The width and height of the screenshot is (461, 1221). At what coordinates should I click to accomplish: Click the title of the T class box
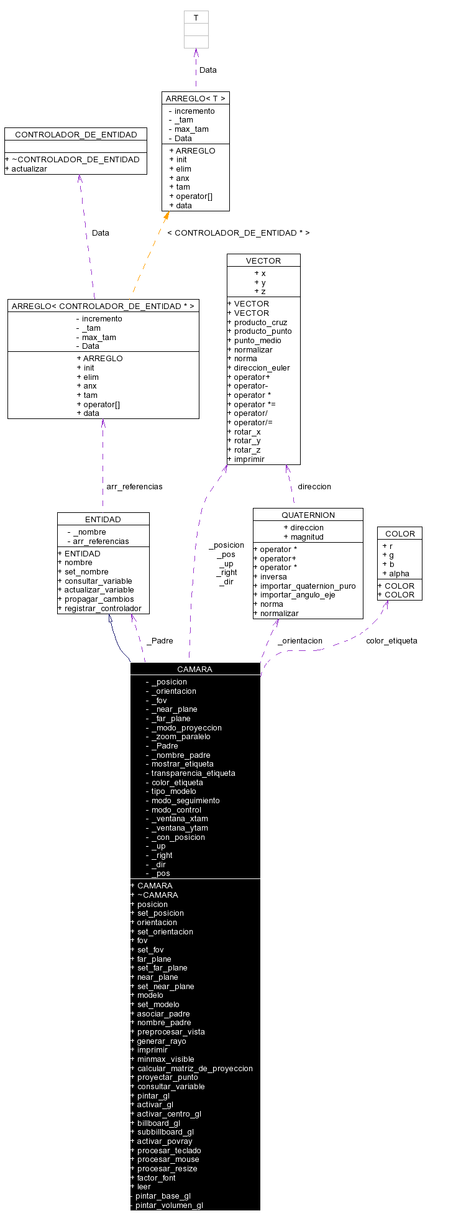(196, 18)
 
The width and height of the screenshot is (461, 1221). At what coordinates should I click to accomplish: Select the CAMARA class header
(194, 669)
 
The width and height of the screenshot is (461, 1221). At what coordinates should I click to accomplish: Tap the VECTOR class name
(263, 260)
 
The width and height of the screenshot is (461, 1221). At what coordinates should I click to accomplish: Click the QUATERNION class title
(308, 515)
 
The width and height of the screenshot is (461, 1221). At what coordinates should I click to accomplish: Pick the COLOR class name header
(399, 533)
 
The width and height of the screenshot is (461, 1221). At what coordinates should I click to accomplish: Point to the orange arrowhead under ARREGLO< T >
(166, 216)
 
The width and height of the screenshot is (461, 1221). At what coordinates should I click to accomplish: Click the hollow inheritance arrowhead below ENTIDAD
(110, 619)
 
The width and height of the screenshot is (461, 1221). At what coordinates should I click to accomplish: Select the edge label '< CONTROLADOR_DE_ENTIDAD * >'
(238, 233)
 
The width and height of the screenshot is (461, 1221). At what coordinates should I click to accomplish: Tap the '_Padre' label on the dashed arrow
(160, 640)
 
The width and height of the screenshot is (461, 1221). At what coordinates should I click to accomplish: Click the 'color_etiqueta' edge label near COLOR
(391, 640)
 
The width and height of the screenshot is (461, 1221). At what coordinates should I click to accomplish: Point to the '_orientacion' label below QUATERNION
(300, 640)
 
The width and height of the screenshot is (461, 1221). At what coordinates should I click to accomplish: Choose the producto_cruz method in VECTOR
(260, 322)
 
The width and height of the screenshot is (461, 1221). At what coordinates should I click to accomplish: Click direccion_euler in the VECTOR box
(262, 367)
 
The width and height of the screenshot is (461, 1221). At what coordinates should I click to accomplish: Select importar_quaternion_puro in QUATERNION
(308, 586)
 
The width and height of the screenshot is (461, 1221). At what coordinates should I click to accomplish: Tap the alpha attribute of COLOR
(399, 573)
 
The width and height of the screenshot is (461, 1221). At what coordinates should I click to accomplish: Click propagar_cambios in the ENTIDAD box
(99, 599)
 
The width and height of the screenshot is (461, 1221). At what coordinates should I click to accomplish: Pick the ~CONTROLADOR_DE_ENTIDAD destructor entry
(75, 159)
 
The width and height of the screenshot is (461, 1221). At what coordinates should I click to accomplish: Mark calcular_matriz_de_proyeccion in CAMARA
(194, 1068)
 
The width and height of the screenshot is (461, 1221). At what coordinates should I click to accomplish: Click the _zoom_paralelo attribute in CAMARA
(181, 736)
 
